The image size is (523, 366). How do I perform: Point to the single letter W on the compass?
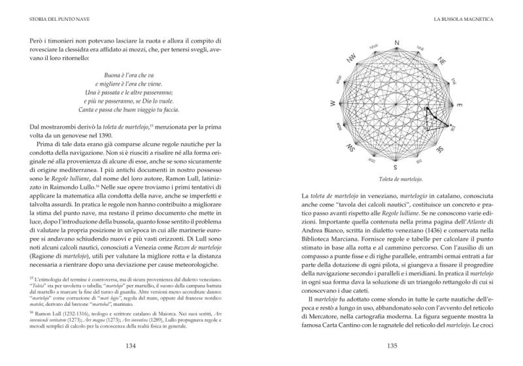pyautogui.click(x=333, y=104)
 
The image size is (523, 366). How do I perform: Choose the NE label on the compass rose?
pyautogui.click(x=442, y=61)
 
